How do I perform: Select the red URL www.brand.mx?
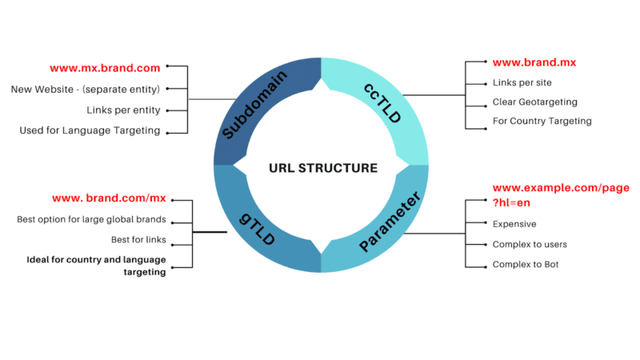click(534, 62)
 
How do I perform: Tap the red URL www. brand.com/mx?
click(108, 198)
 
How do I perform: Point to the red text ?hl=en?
click(511, 203)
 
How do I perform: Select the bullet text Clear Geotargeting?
click(534, 102)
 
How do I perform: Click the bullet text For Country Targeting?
click(542, 122)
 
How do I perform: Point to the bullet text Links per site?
click(522, 83)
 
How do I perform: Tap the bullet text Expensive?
click(514, 225)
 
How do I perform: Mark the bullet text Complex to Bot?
click(525, 264)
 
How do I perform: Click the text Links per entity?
click(123, 110)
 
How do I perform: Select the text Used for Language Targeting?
click(90, 130)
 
